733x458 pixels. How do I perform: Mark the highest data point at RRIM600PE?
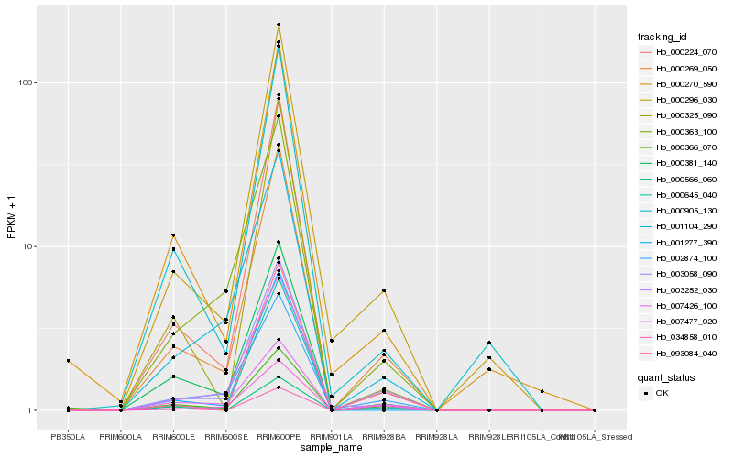(x=279, y=25)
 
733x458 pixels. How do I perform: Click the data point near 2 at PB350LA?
(x=68, y=361)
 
